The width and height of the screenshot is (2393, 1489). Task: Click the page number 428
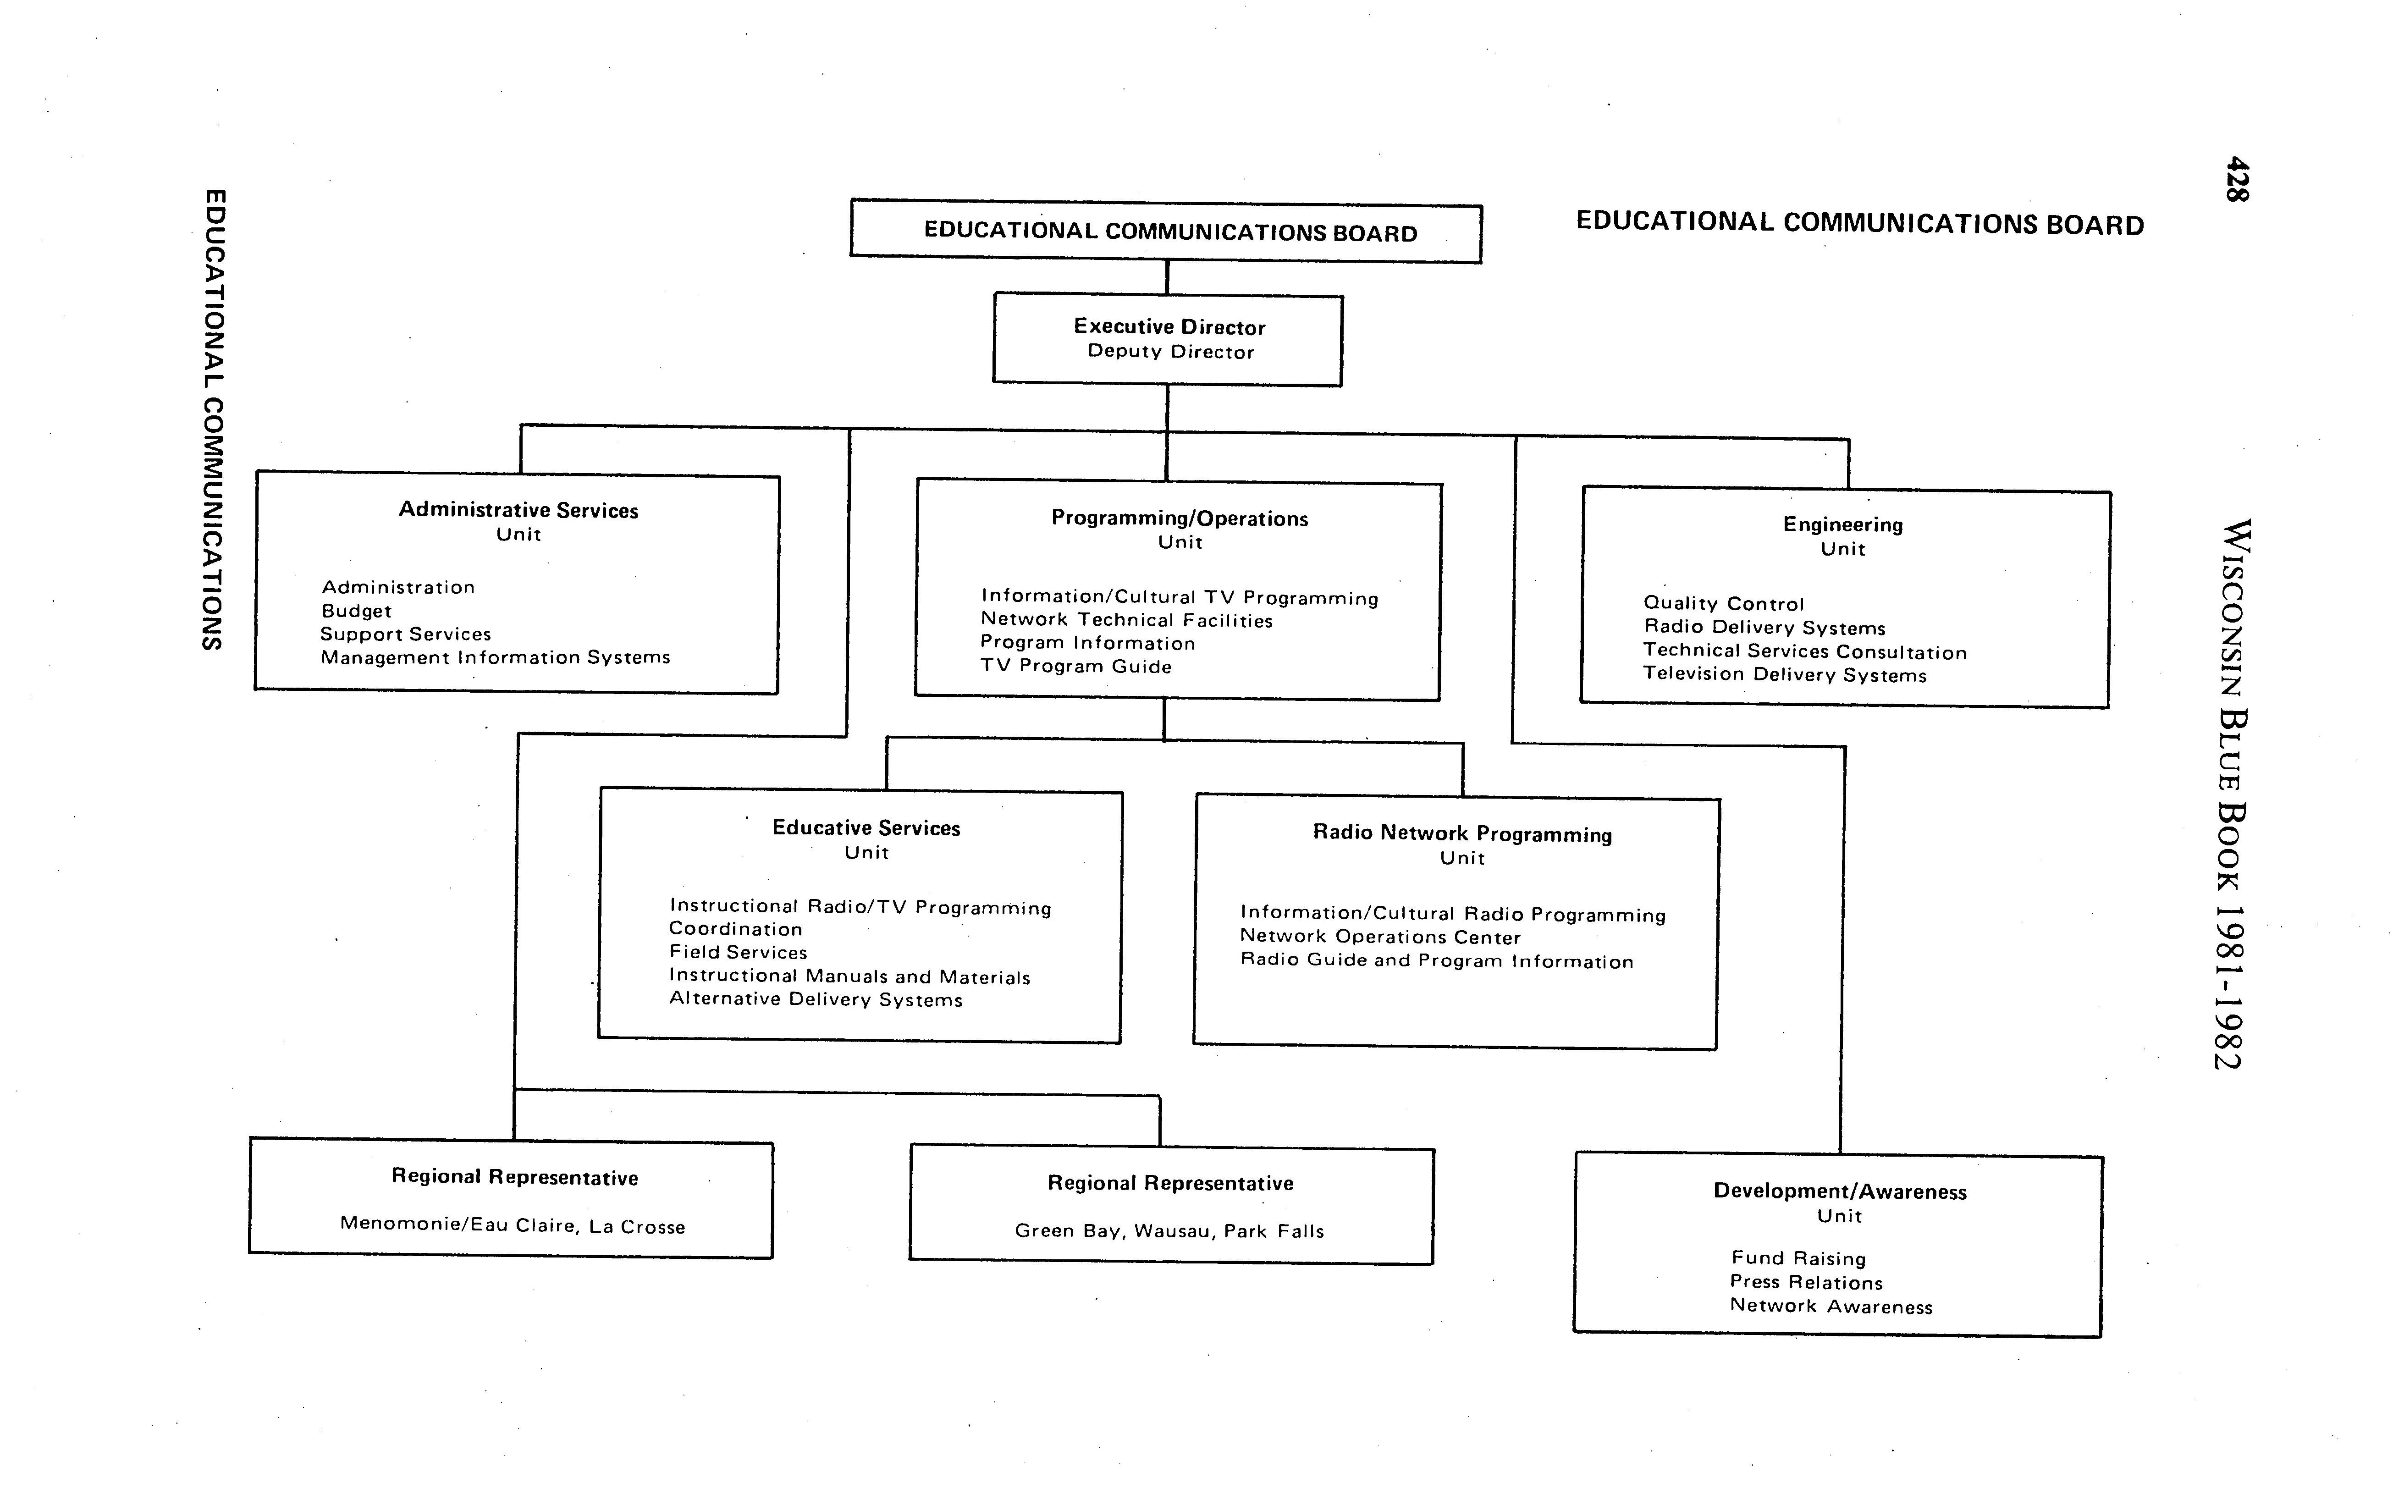2235,179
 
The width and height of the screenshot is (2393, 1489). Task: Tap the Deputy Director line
1170,352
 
